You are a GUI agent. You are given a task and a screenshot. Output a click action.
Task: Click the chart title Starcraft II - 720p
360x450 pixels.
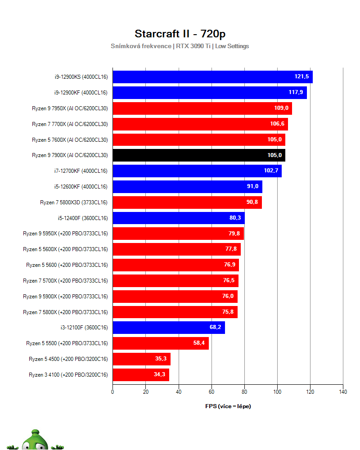[180, 34]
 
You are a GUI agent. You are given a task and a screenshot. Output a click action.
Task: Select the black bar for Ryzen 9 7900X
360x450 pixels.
[198, 155]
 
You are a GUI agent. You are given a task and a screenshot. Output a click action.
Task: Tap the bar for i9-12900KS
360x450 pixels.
[212, 77]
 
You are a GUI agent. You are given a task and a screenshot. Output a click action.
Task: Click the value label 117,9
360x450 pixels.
[296, 93]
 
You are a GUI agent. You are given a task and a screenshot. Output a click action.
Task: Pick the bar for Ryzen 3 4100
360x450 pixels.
[140, 374]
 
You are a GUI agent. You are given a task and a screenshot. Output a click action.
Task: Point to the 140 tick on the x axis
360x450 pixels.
[342, 392]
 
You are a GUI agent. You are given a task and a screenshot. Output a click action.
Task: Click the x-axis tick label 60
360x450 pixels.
[211, 392]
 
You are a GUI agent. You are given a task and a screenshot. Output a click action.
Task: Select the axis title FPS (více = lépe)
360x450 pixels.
[228, 406]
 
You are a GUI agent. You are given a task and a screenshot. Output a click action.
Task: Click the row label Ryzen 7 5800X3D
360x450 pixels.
[73, 202]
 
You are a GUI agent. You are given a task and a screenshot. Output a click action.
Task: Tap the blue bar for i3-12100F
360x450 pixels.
[168, 327]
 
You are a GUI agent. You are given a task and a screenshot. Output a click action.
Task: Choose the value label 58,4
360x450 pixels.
[199, 343]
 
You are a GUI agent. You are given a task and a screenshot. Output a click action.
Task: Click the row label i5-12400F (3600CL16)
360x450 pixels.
[82, 218]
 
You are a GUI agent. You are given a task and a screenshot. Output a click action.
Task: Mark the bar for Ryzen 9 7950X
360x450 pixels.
[202, 108]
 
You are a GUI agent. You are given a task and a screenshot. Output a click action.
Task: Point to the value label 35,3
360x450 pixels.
[161, 359]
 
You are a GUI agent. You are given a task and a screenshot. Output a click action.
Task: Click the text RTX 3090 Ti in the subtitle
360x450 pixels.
[193, 46]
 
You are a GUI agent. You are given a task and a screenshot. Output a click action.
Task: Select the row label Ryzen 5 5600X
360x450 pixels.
[65, 249]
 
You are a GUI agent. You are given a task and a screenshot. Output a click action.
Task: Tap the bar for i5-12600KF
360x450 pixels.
[187, 187]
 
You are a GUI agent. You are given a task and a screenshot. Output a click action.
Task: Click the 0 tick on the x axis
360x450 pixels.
[112, 392]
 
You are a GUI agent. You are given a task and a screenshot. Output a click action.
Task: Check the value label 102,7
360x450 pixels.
[271, 171]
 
